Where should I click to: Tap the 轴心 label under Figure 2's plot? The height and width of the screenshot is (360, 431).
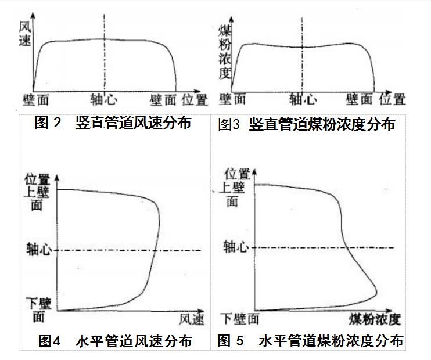[x=105, y=100]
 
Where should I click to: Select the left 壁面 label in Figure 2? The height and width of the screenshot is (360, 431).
[x=36, y=100]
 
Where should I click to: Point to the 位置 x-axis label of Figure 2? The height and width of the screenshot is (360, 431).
[x=194, y=100]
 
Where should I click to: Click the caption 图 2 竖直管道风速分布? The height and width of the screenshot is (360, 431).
[x=113, y=124]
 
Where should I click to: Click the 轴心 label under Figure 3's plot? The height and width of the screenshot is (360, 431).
[x=303, y=100]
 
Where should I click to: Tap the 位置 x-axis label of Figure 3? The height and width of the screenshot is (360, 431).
[x=393, y=100]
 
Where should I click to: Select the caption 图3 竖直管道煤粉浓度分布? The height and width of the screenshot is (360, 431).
[x=306, y=124]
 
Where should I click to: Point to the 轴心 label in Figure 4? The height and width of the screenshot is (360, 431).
[x=39, y=250]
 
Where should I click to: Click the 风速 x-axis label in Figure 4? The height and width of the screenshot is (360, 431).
[x=192, y=319]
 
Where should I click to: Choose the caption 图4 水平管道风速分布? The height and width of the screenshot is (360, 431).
[x=115, y=341]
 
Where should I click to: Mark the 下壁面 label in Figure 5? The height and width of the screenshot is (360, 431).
[x=239, y=318]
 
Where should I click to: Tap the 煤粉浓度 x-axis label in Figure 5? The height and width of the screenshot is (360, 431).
[x=374, y=319]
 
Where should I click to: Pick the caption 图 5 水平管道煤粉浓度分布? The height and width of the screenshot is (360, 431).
[x=310, y=341]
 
